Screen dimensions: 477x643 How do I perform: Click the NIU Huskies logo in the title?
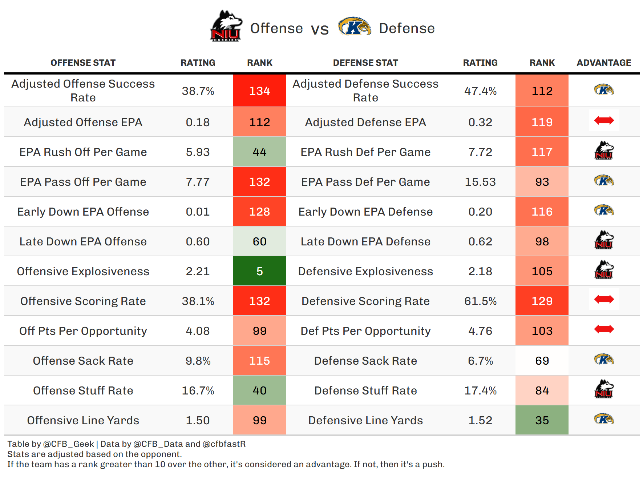[x=226, y=26]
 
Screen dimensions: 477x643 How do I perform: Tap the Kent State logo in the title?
[x=354, y=27]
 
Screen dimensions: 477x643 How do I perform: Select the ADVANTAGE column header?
[x=604, y=63]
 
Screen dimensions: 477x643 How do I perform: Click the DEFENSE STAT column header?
[x=365, y=63]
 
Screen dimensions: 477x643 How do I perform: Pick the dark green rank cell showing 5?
[x=259, y=271]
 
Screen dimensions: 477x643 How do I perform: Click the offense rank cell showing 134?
[x=259, y=91]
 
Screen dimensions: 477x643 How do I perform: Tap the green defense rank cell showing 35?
[x=542, y=420]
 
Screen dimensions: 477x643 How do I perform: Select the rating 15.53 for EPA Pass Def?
[x=480, y=182]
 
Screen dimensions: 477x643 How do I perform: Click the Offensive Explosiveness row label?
[x=83, y=271]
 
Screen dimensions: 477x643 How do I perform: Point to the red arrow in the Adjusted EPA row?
[x=604, y=120]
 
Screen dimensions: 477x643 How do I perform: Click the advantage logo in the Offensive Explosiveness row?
[x=604, y=270]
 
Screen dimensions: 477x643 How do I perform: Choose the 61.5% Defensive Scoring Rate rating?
[x=480, y=301]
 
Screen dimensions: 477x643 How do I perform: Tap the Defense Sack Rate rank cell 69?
[x=542, y=361]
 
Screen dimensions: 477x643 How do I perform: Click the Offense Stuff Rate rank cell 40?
[x=259, y=390]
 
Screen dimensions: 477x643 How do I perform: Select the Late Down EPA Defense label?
[x=365, y=241]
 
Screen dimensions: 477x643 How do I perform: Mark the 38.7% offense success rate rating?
[x=198, y=91]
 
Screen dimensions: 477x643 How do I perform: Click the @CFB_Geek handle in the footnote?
[x=68, y=444]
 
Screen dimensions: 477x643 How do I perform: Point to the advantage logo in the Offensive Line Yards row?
[x=604, y=419]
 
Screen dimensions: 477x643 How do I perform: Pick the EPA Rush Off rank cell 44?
[x=259, y=152]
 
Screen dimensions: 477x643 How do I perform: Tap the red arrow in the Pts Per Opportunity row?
[x=604, y=329]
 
